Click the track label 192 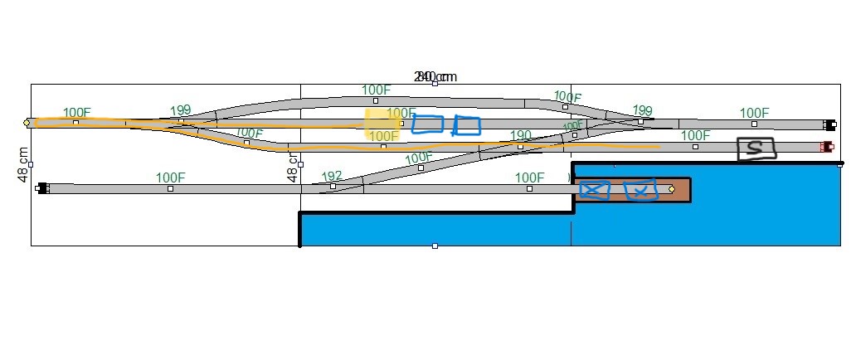(332, 176)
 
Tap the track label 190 (521, 135)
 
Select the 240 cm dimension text (435, 77)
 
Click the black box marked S (756, 148)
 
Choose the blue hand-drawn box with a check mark (639, 191)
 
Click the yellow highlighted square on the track (382, 124)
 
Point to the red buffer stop (826, 147)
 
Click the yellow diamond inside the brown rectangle (671, 189)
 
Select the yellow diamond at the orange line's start (27, 123)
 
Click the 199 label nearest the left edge (180, 110)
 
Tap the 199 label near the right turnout (642, 110)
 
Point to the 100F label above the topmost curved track (376, 90)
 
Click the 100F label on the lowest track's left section (170, 177)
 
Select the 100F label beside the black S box (695, 135)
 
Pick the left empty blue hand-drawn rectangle (428, 124)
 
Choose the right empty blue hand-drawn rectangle (467, 125)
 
